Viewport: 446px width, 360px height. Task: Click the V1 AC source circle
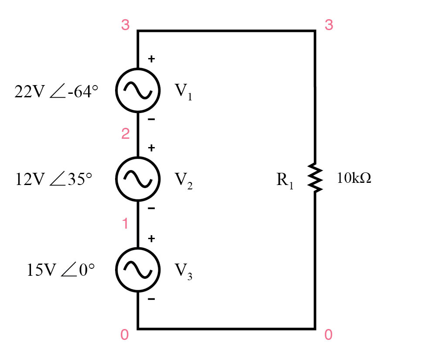(138, 89)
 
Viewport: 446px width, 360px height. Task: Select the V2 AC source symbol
(138, 178)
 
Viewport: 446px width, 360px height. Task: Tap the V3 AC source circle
(138, 269)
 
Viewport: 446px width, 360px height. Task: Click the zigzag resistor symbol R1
(315, 178)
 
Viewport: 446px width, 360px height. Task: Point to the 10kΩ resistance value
(354, 178)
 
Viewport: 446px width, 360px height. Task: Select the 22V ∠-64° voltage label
(56, 92)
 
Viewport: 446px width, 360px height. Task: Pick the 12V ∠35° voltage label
(54, 179)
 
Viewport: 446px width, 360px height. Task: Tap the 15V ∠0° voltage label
(61, 271)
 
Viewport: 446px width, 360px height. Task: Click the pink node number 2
(126, 134)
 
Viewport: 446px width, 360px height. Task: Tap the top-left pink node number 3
(126, 25)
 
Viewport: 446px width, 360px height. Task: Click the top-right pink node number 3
(329, 25)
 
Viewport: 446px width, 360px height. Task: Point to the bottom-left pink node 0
(125, 335)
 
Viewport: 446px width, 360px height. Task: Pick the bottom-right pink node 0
(328, 335)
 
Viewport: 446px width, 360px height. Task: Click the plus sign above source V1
(151, 59)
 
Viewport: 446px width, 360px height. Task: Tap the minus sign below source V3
(151, 299)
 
